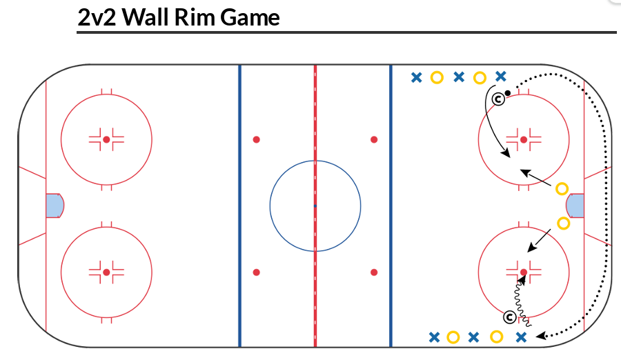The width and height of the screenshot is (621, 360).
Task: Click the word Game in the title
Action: [250, 17]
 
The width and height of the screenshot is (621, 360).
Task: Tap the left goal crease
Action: [54, 206]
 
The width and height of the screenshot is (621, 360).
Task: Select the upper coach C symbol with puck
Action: [498, 100]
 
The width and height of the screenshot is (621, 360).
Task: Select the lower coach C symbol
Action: [509, 317]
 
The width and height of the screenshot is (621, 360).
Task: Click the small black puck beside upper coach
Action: [507, 92]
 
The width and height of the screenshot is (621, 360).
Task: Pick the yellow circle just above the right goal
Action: [562, 188]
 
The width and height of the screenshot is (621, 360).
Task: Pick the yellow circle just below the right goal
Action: [563, 223]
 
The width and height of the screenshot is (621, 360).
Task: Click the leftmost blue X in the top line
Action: [416, 77]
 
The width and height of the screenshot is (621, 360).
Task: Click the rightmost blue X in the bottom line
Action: [522, 337]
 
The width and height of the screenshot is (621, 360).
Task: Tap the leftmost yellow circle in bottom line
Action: [453, 337]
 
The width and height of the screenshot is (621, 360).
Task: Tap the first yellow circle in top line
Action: [436, 77]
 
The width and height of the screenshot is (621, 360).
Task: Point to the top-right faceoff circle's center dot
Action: [524, 139]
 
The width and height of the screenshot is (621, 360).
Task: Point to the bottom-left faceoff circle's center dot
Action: [106, 272]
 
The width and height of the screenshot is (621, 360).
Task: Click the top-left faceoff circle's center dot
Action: [106, 139]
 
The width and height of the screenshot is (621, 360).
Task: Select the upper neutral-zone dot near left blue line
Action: [256, 139]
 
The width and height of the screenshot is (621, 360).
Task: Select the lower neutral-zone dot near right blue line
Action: [374, 272]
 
